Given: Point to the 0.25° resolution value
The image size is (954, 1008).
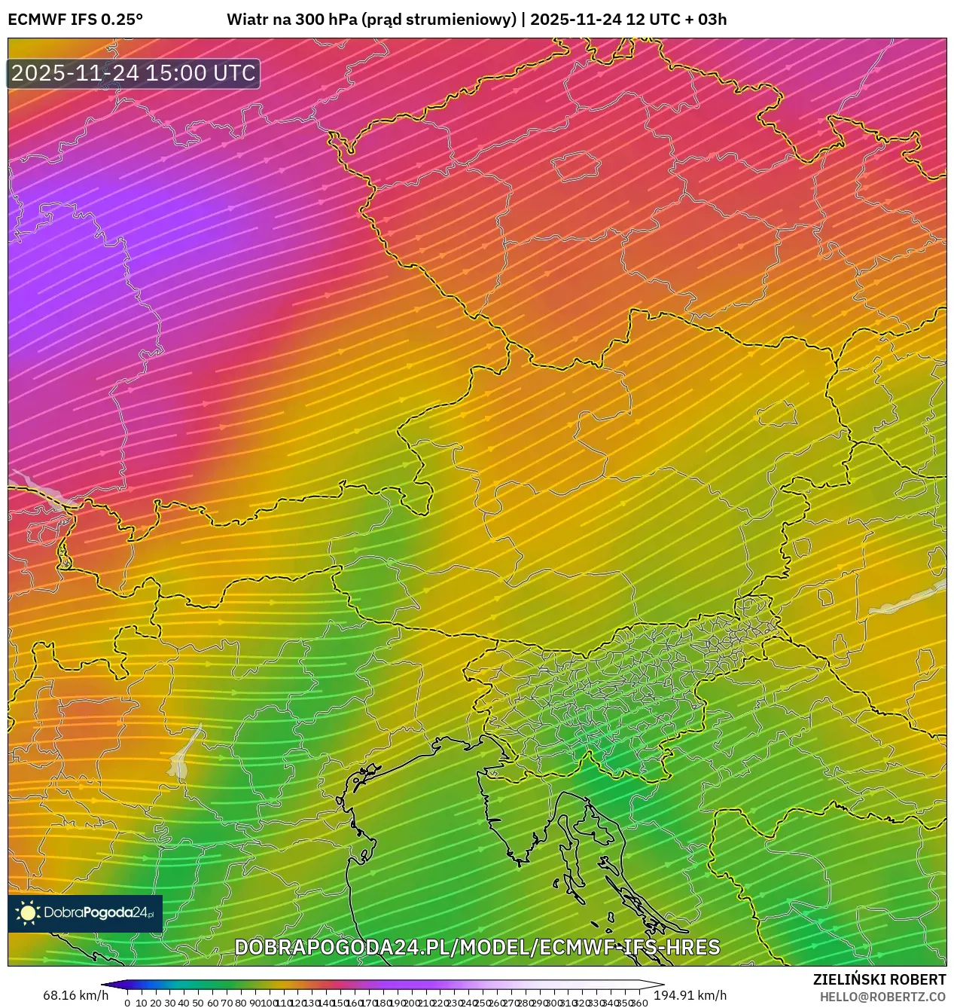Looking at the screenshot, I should coord(121,20).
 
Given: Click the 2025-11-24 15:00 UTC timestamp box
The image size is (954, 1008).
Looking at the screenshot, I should coord(133,73).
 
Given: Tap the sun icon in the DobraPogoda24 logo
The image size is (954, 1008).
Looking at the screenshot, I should coord(28,913).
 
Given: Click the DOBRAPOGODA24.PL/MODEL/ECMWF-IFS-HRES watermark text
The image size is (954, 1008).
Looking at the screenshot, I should coord(477,947).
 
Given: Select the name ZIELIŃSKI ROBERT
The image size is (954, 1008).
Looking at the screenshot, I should coord(879,979).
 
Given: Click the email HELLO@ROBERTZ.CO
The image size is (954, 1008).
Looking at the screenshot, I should coord(882,997).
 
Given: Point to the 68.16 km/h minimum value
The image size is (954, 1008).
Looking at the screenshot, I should coord(75,995).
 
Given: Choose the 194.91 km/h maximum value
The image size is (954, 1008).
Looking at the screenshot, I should coord(690,995).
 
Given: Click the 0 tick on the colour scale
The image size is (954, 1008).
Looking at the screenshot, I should coord(127,1002).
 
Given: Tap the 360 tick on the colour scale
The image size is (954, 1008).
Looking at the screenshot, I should coord(640,1002).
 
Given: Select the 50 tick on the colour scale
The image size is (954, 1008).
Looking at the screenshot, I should coord(198,1002).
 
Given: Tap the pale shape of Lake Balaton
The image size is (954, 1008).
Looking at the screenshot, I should coord(904,600).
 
